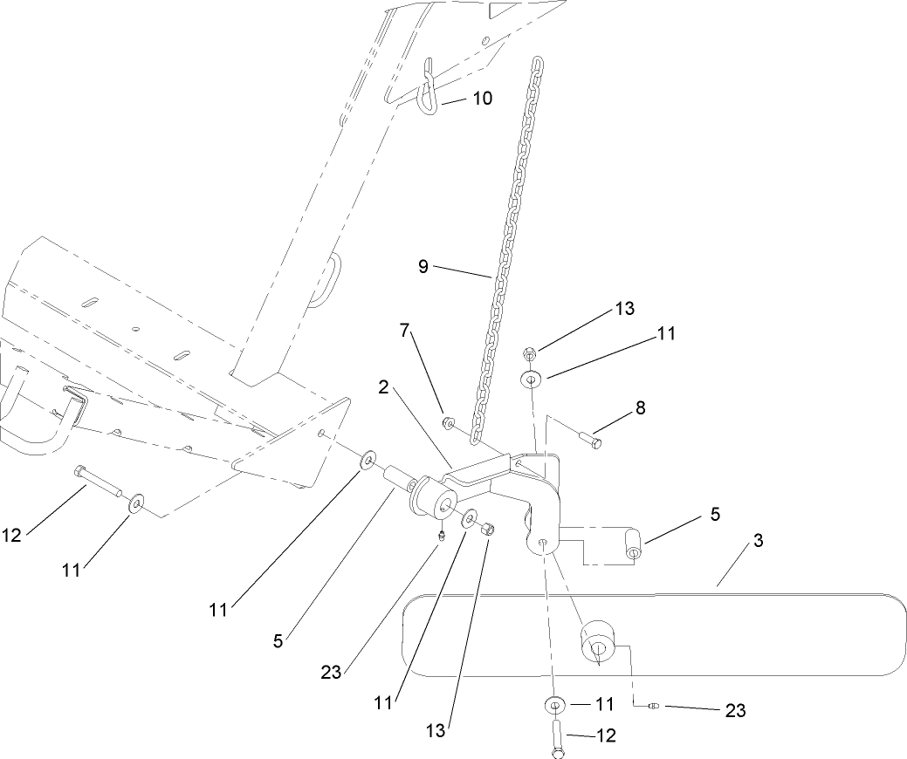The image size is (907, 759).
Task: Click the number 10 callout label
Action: tap(483, 98)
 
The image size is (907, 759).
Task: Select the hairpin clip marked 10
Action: tap(429, 86)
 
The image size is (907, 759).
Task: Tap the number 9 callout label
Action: tap(423, 267)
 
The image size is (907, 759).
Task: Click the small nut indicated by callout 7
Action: tap(445, 424)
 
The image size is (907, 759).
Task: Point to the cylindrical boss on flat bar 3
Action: tap(601, 641)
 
